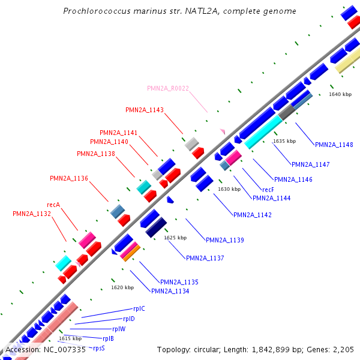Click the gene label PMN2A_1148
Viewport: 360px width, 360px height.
pos(334,145)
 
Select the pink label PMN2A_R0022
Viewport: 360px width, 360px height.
pos(168,88)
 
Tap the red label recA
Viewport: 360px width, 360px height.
pos(53,205)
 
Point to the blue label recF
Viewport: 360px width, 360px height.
pos(268,190)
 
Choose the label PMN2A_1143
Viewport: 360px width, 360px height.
pos(145,110)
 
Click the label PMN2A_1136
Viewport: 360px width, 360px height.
pos(69,178)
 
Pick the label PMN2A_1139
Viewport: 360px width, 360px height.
pos(224,240)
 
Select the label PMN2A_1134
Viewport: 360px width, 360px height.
pos(170,291)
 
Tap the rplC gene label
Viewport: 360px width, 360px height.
pos(139,308)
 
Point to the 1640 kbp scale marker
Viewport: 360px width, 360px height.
pos(340,94)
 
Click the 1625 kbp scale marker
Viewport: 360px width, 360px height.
pos(175,238)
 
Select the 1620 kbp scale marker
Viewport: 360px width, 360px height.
pos(122,287)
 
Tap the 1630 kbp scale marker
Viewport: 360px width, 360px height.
pos(229,189)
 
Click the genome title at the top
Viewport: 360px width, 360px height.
pos(179,11)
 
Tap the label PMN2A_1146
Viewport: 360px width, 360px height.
pos(293,179)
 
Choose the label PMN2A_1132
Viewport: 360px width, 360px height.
pos(32,214)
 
